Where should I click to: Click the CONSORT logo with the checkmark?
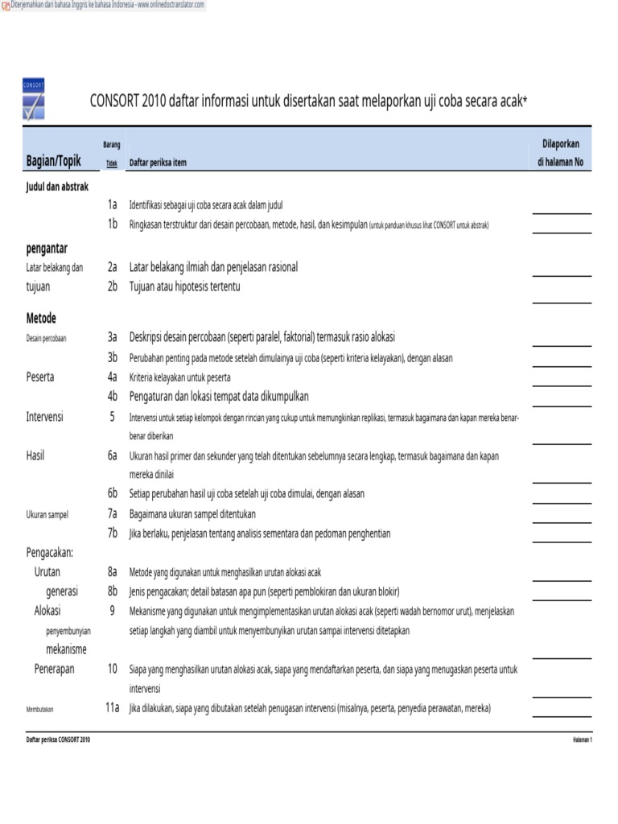pos(34,99)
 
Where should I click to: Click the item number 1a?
pos(113,205)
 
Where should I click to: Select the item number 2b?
pos(113,286)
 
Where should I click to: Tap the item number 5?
pos(113,417)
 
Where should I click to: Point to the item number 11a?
pos(112,708)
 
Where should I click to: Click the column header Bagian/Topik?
pos(54,162)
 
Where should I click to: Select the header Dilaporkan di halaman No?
pos(561,153)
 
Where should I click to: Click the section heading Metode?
pos(41,318)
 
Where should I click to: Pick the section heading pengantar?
pos(47,248)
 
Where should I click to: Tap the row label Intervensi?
pos(45,417)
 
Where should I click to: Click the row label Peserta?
pos(40,376)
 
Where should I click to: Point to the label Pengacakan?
pos(50,552)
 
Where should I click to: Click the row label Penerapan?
pos(54,669)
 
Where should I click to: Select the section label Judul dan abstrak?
pos(57,187)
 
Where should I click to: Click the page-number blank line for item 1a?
pos(562,212)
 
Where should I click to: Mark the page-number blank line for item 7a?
pos(562,521)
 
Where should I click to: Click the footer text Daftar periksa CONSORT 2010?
pos(58,740)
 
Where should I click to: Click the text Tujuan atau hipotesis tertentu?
pos(185,286)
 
